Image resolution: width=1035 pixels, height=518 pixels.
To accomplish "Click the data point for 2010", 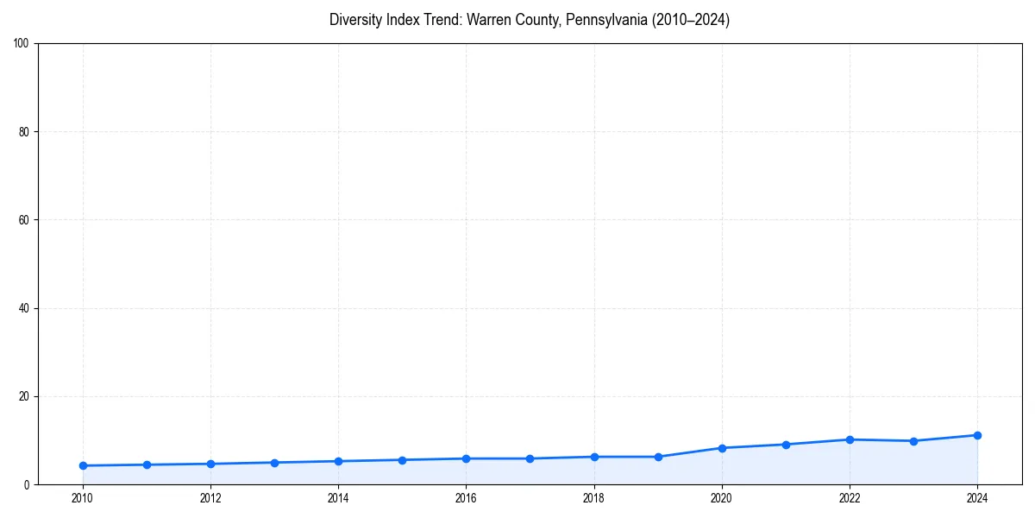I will (83, 465).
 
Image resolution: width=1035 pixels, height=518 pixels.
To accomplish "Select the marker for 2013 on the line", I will (274, 463).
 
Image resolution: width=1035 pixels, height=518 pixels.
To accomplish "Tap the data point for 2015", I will (402, 459).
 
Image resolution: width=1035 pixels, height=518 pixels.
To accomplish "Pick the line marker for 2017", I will (530, 458).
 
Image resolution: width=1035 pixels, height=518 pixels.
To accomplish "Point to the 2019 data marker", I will (658, 457).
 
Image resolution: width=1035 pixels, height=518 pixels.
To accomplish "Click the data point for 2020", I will (722, 448).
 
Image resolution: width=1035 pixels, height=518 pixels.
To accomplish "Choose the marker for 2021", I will (786, 445).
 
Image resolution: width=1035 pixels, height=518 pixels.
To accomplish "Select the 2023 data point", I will (913, 441).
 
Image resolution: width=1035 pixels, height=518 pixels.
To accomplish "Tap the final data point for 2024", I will (977, 435).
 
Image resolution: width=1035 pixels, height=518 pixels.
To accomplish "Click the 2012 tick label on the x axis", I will (210, 498).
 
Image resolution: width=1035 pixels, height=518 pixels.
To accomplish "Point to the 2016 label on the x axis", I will (466, 498).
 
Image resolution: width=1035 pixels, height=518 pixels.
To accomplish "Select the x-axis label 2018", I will (593, 498).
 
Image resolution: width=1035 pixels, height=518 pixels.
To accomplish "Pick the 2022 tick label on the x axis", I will (850, 498).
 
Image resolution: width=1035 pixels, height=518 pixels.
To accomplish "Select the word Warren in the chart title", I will (489, 20).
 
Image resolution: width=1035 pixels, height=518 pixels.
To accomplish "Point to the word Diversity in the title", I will (355, 20).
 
